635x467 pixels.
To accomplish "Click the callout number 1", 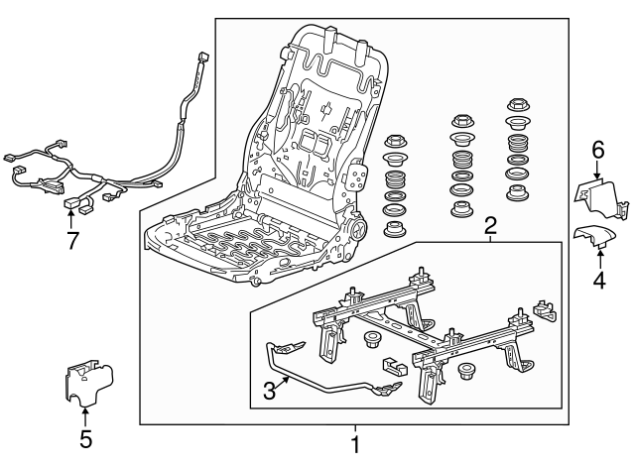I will click(355, 445).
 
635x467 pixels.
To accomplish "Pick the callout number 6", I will click(597, 150).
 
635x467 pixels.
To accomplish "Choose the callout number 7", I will click(70, 241).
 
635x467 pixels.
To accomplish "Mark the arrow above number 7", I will click(70, 216).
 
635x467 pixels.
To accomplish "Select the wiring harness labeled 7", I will click(109, 169).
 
